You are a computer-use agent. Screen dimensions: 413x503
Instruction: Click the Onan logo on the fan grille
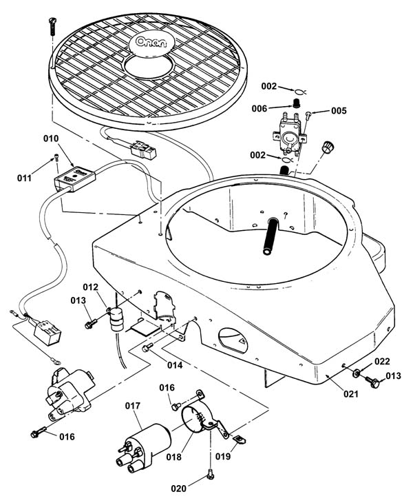point(151,43)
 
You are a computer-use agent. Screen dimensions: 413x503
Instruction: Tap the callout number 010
point(51,139)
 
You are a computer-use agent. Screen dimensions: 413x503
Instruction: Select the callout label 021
point(351,393)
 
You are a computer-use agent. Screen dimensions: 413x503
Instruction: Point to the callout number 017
point(133,406)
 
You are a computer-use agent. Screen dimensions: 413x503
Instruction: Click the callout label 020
point(178,489)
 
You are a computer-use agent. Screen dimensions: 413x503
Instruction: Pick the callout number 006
point(260,109)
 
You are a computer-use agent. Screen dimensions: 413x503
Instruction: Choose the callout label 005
point(339,111)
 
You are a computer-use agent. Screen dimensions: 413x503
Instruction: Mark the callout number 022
point(382,362)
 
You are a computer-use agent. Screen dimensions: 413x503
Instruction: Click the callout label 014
point(175,365)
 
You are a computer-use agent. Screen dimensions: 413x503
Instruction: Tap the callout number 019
point(223,456)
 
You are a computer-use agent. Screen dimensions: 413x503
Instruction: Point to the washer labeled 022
point(356,373)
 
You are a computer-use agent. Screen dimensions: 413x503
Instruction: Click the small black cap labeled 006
point(297,103)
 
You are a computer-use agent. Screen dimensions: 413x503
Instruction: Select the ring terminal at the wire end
point(56,362)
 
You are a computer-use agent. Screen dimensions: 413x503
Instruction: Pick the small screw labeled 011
point(56,158)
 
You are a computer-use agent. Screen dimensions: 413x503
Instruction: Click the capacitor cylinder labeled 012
point(116,319)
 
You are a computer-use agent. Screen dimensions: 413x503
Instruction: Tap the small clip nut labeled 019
point(240,440)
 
